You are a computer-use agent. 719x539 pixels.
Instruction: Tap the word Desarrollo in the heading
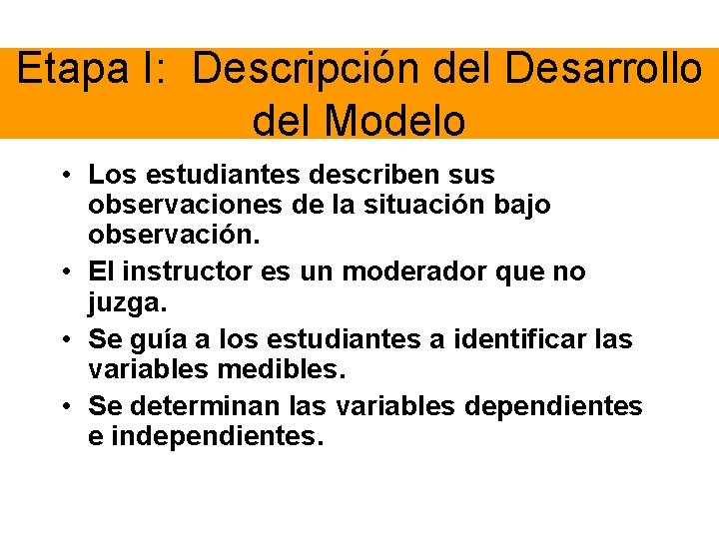click(x=603, y=70)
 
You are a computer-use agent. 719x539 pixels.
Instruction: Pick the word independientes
click(x=217, y=436)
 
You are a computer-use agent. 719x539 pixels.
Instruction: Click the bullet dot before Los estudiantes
click(x=63, y=176)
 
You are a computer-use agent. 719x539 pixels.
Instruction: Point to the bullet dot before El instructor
click(x=63, y=272)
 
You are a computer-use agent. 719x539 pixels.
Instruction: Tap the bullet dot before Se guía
click(x=63, y=340)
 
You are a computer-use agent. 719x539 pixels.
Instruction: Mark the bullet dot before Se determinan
click(x=63, y=407)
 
